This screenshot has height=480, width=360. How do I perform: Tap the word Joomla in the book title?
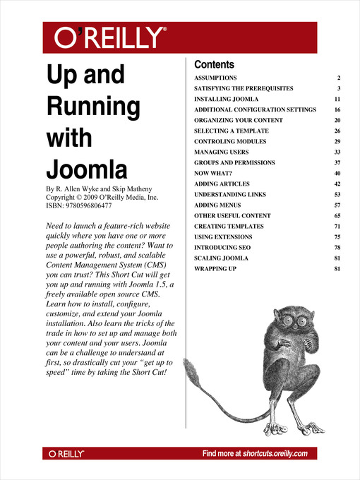87,169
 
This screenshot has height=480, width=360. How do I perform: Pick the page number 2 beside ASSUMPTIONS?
339,77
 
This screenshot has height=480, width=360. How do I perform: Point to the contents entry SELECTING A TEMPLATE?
231,131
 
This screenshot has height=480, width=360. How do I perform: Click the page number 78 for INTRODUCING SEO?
337,248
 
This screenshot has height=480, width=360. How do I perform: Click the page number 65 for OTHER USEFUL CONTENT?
337,215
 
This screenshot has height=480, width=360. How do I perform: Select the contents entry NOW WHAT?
212,174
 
